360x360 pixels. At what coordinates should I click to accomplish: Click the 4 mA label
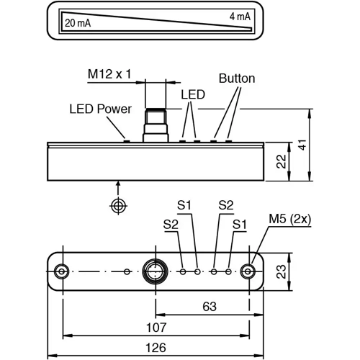point(240,16)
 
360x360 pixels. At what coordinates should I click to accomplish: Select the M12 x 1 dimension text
point(110,73)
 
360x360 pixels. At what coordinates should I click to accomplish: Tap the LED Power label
point(100,109)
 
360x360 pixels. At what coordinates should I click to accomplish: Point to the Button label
point(236,78)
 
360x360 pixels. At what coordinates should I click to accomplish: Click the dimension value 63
point(209,307)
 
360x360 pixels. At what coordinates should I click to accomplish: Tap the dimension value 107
point(156,326)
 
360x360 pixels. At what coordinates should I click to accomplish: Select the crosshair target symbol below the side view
point(117,206)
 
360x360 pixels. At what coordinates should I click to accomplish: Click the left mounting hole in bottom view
point(63,271)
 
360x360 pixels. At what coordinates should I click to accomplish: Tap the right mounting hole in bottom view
point(248,271)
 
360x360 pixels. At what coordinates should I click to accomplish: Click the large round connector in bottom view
point(153,271)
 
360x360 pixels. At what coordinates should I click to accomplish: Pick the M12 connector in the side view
point(153,125)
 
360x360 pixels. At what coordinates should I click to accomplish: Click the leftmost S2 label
point(171,224)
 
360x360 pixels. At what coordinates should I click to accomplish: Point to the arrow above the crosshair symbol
point(117,185)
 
